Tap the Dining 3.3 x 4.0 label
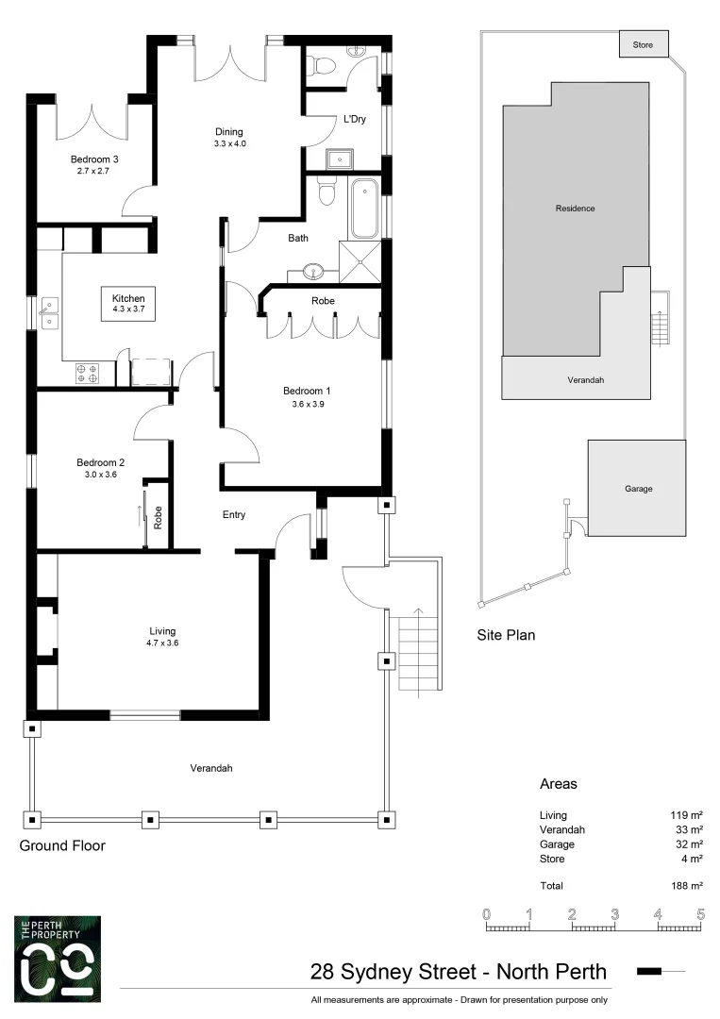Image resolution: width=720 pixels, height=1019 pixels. [x=229, y=138]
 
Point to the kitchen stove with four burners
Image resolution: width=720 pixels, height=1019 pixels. [x=88, y=373]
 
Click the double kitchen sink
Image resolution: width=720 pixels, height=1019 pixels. [x=48, y=313]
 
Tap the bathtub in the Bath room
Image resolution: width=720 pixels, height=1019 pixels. [x=363, y=210]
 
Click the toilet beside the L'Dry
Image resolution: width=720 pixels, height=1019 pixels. [x=321, y=65]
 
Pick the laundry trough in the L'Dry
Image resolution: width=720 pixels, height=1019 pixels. [x=336, y=158]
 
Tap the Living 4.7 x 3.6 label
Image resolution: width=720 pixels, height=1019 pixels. [x=162, y=637]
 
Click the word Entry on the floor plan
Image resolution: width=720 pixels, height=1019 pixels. [x=233, y=515]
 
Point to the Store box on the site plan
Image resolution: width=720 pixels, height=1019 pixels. [x=644, y=43]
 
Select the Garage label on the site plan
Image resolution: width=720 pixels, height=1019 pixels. [x=638, y=489]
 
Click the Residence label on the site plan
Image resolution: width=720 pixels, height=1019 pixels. [x=575, y=209]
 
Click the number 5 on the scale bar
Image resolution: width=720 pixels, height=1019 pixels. [x=700, y=913]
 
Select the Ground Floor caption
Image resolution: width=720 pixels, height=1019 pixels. [x=62, y=846]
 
